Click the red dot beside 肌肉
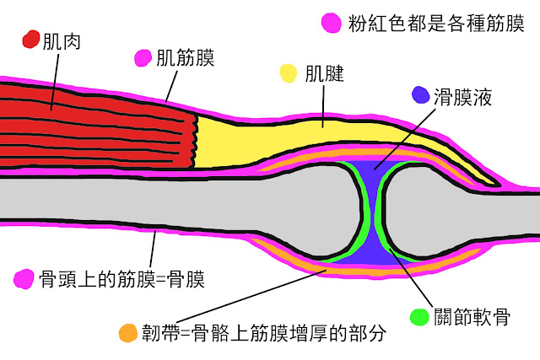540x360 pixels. click(x=30, y=40)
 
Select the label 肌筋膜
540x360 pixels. click(x=186, y=58)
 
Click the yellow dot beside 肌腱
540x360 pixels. click(x=289, y=73)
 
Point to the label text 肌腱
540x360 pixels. click(x=325, y=73)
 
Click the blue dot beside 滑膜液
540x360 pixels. click(x=419, y=95)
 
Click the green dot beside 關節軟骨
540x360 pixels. click(x=418, y=318)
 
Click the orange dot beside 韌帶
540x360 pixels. click(x=128, y=332)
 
